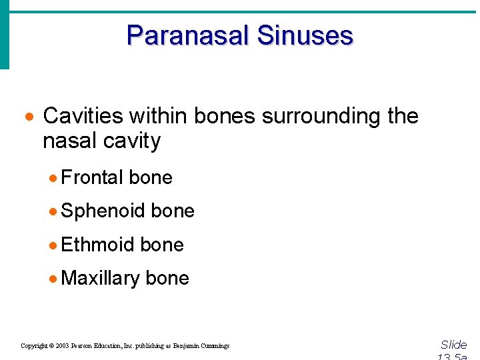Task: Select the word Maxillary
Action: (x=100, y=278)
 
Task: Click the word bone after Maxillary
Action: (x=167, y=278)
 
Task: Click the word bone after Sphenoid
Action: (x=173, y=211)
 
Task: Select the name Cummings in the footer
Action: (x=213, y=346)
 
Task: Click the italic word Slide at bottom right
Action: (x=453, y=345)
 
